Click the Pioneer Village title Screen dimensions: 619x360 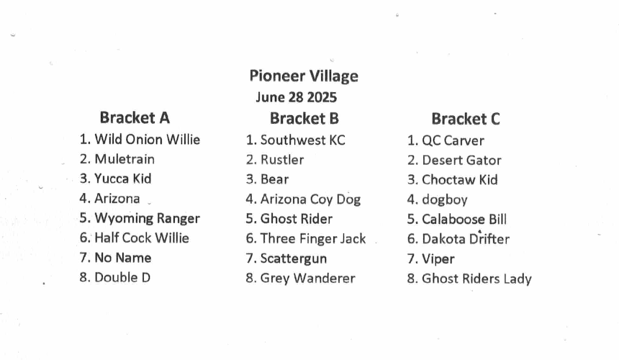304,76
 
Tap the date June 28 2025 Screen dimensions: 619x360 296,97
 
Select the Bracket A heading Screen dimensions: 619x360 135,117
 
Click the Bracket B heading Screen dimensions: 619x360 304,118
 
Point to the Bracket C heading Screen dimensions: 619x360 466,119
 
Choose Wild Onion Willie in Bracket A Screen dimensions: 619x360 148,140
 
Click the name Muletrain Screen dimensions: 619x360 125,159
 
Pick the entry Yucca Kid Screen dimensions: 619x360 123,179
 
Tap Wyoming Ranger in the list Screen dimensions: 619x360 148,219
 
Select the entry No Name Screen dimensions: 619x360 123,258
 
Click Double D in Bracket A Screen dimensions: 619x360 122,277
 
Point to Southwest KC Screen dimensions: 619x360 303,140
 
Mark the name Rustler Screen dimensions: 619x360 282,160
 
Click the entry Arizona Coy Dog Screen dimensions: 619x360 311,199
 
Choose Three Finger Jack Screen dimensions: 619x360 313,239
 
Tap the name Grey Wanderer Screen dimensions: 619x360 308,279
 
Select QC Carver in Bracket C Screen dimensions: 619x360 453,140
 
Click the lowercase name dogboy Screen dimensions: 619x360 445,199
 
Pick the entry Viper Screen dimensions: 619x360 438,259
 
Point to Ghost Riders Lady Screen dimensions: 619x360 477,279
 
